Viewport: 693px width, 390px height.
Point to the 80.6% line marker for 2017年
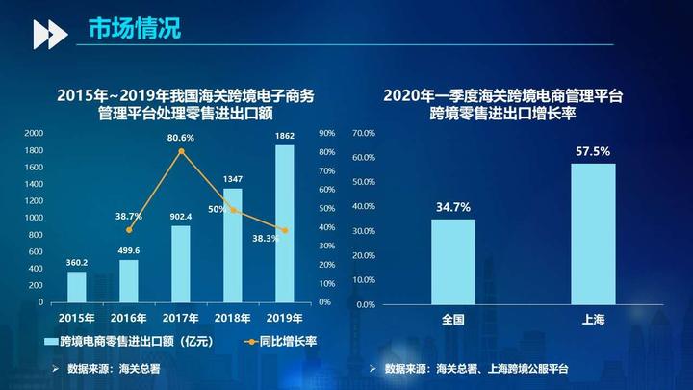[x=181, y=151]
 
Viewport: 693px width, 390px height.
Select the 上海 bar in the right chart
[x=593, y=234]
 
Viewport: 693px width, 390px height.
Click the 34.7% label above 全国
[x=452, y=207]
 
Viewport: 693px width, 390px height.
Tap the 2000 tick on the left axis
[x=34, y=133]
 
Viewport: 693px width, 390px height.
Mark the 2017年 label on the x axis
[x=181, y=318]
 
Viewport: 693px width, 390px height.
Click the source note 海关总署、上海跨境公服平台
[x=503, y=369]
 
